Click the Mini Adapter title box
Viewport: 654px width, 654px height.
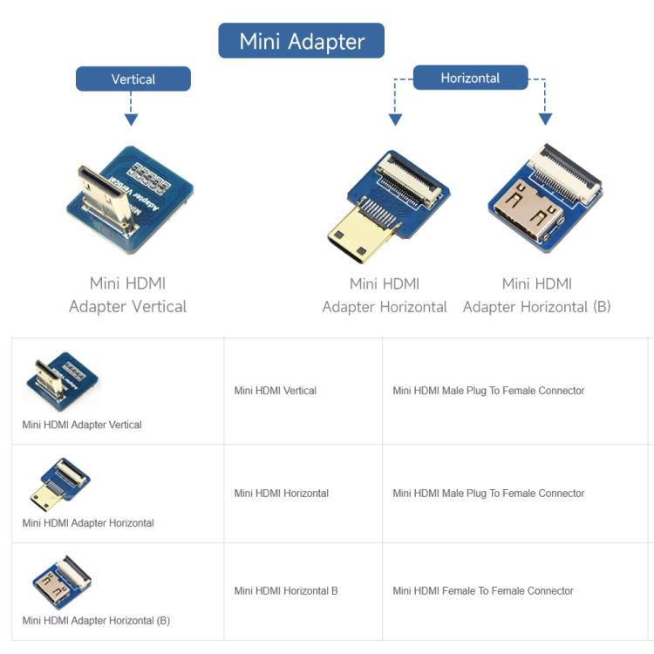tap(301, 40)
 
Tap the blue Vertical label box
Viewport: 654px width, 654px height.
tap(133, 78)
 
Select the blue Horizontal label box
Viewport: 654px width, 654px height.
tap(471, 77)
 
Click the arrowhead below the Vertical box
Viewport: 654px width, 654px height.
tap(131, 119)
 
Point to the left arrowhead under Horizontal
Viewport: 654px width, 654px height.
tap(395, 119)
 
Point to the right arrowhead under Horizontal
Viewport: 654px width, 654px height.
tap(545, 119)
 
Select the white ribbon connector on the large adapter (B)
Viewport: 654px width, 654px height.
tap(565, 174)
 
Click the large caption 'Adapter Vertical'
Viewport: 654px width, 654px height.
tap(127, 307)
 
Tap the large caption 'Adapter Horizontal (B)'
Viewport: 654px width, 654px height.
tap(537, 307)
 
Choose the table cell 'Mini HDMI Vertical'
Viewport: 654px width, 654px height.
tap(276, 391)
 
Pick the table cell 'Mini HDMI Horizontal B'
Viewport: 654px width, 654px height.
tap(286, 590)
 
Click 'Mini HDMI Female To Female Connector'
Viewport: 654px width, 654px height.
tap(483, 590)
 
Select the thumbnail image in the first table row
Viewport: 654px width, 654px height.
tap(63, 382)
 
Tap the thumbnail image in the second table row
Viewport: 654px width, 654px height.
tap(60, 484)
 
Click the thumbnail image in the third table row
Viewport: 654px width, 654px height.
tap(62, 582)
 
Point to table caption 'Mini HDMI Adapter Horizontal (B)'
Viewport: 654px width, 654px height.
tap(96, 620)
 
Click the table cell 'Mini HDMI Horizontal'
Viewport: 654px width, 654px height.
tap(282, 493)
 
